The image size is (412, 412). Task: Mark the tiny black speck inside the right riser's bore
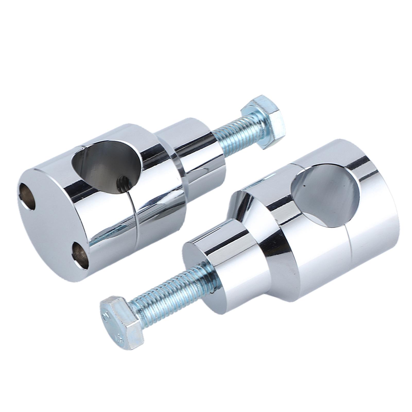pyautogui.click(x=304, y=185)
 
